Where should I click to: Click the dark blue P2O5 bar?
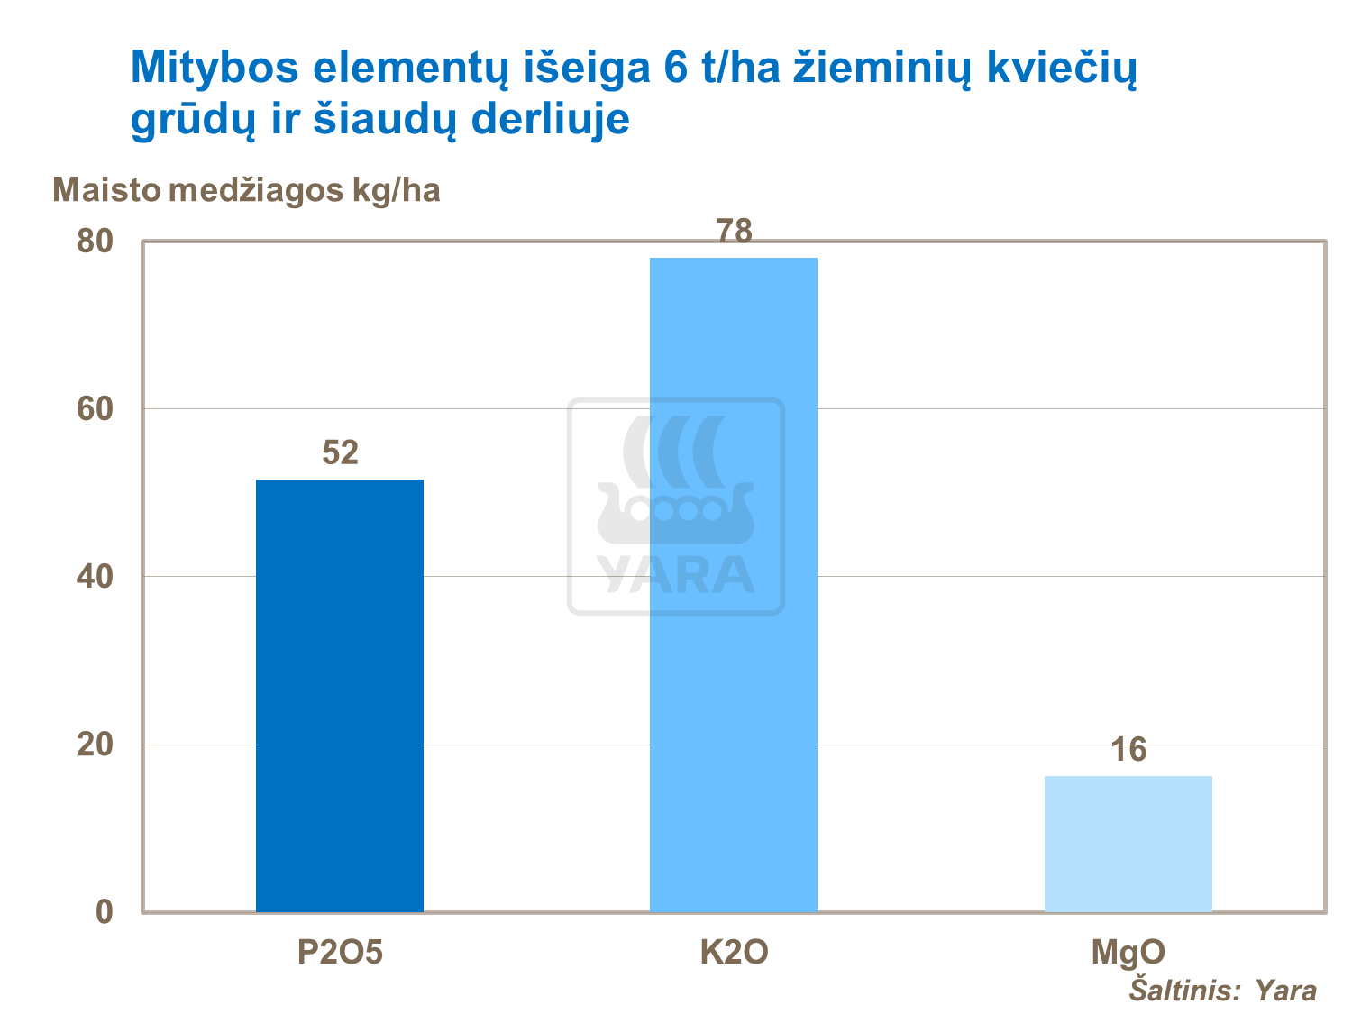click(339, 695)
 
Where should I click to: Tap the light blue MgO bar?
click(1128, 844)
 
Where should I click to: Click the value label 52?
click(340, 452)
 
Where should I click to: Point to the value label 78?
click(734, 232)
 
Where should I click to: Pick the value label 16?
click(1128, 749)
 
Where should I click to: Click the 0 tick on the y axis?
click(105, 911)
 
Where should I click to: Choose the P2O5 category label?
click(340, 953)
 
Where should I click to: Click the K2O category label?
click(734, 953)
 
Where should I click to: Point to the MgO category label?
click(1128, 953)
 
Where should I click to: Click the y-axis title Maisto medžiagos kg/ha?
click(246, 191)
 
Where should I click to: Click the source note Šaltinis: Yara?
click(1222, 991)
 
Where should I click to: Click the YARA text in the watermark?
click(676, 574)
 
